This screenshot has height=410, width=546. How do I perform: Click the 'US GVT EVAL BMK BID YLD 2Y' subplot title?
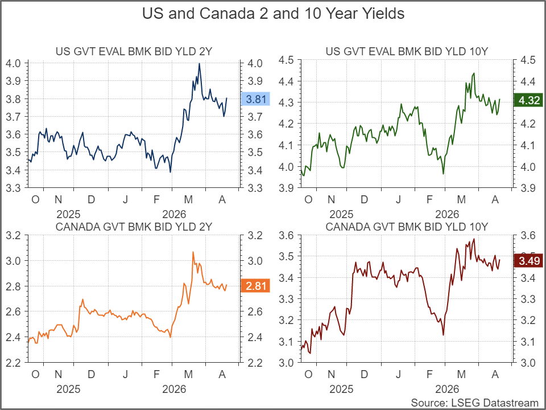(x=134, y=52)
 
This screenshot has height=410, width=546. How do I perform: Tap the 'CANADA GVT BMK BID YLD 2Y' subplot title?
(x=134, y=227)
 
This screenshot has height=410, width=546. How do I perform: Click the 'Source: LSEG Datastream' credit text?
(x=474, y=403)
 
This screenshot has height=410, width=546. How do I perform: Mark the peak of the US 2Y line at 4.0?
(x=199, y=63)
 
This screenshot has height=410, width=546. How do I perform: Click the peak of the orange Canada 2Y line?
(x=193, y=252)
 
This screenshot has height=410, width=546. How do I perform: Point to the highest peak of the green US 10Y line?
(x=473, y=73)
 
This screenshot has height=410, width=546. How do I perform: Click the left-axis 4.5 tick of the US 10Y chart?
(x=285, y=60)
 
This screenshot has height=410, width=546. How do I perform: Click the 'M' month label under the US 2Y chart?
(x=189, y=199)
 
